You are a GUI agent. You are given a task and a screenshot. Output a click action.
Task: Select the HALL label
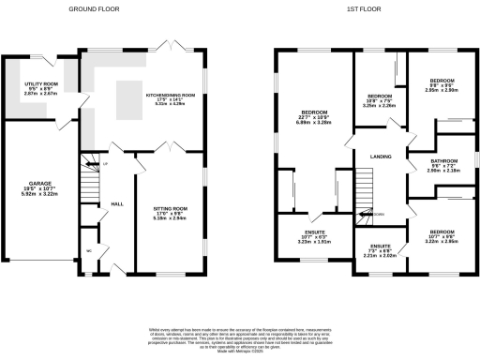tap(117, 203)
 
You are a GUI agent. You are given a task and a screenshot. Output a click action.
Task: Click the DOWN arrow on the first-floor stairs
tap(378, 215)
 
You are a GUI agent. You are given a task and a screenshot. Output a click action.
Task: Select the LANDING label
tap(380, 157)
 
